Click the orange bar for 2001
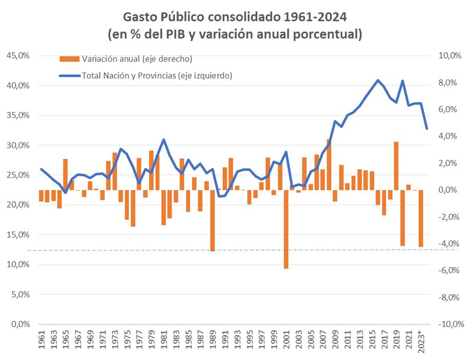286,229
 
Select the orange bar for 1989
213,220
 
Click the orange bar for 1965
65,174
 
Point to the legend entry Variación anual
127,58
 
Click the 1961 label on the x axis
41,345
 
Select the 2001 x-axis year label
286,345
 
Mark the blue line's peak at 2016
378,80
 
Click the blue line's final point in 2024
427,129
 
